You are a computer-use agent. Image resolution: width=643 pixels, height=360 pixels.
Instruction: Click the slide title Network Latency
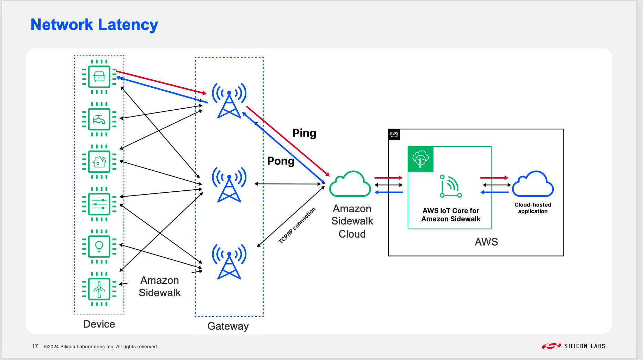click(x=94, y=25)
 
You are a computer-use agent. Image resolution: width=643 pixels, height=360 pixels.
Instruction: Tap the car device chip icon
click(x=99, y=77)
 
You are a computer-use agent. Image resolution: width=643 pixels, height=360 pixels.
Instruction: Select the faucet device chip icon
click(x=99, y=119)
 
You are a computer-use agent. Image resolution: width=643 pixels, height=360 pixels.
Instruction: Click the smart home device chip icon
click(x=99, y=162)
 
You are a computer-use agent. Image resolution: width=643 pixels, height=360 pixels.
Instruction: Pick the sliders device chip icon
click(x=99, y=204)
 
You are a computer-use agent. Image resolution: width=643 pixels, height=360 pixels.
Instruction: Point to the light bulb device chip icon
click(x=99, y=247)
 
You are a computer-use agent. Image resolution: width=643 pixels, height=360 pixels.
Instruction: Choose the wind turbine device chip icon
click(x=99, y=289)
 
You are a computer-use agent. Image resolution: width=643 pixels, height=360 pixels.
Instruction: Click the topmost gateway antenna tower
click(x=229, y=101)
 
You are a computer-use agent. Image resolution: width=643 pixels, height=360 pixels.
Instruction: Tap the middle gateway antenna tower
click(x=229, y=185)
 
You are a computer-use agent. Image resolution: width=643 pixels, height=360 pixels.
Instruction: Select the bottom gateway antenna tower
click(x=229, y=262)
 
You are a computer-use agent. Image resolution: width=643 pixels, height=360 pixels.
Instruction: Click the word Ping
click(x=304, y=133)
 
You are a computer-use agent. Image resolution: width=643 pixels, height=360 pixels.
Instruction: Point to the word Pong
click(x=281, y=161)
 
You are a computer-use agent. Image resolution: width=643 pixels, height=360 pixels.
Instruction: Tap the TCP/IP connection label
click(x=297, y=226)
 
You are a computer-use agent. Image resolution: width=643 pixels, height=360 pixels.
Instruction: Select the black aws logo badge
click(x=394, y=134)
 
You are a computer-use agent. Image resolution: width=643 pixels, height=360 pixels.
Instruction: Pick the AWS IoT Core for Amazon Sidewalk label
click(x=451, y=215)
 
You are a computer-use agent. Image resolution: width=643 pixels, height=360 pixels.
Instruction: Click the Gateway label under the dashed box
click(x=228, y=326)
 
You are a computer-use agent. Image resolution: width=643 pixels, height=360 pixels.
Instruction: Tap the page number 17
click(x=35, y=346)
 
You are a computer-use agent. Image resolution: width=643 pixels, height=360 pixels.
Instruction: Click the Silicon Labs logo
click(x=573, y=346)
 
